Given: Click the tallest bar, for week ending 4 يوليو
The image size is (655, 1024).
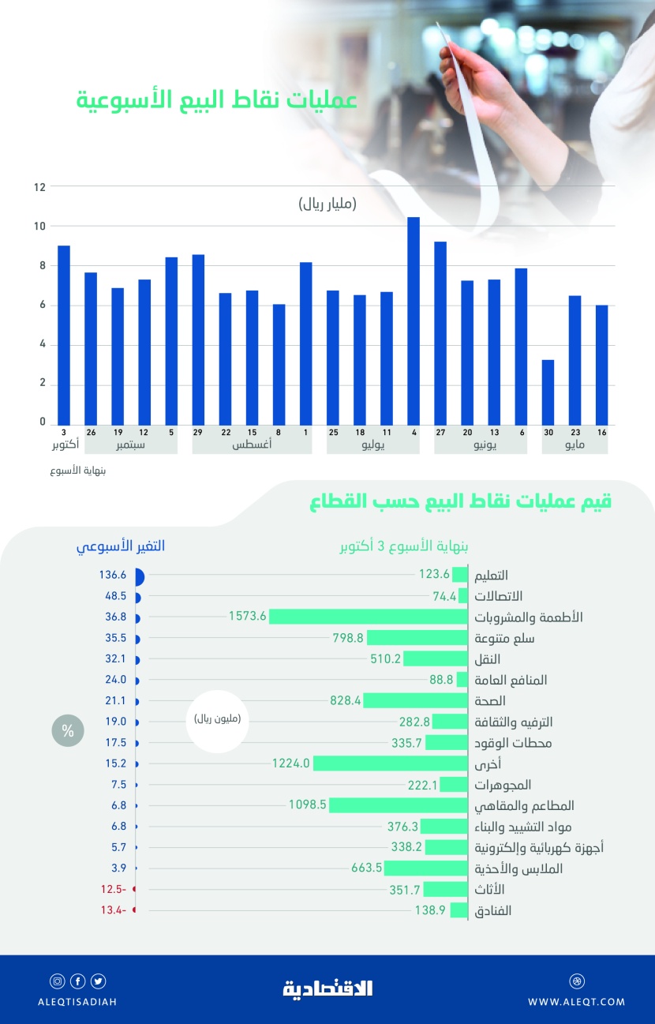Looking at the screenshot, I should coord(413,320).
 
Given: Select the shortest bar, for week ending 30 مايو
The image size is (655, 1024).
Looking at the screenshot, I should coord(548,392).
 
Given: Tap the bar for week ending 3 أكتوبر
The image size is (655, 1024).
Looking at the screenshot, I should coord(64,335).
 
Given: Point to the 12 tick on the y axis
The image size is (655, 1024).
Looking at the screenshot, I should coord(39,187).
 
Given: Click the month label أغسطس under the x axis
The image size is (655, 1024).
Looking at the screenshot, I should coord(253,445).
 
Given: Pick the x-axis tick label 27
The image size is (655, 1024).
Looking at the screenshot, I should coord(440,432).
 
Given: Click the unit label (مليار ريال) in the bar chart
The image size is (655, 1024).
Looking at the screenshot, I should coord(327,204).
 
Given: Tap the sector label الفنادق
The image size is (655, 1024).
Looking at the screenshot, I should coord(492,911).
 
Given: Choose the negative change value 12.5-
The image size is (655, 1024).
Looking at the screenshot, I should coord(113,890).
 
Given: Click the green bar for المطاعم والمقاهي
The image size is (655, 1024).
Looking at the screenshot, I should coord(399,805).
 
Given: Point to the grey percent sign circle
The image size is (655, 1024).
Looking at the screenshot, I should coord(68,731).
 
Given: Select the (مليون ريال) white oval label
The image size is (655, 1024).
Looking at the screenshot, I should coord(217,720).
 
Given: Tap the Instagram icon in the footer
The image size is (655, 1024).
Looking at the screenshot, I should coord(57,981).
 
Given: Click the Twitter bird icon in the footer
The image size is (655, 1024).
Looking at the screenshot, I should coord(98,981).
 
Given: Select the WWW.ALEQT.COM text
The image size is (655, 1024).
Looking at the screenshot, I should coord(576,1002).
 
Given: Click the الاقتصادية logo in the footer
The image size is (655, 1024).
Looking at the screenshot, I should coord(327,988).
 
